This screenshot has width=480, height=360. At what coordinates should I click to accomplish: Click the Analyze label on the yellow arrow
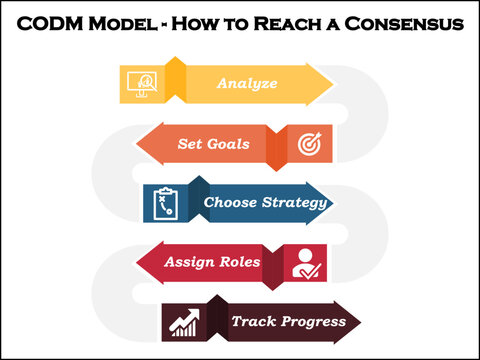tap(247, 83)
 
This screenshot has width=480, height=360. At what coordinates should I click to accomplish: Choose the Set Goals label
tap(207, 143)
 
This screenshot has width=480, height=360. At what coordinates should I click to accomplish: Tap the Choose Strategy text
tap(266, 203)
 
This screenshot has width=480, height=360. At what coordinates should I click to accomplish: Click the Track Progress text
tap(288, 321)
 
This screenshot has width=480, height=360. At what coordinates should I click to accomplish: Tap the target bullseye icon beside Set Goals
tap(307, 144)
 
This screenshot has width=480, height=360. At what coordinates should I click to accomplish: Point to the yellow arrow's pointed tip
tap(333, 83)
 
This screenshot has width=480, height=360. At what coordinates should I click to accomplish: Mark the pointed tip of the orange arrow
tap(135, 143)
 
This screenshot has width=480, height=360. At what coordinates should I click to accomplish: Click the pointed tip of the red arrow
tap(135, 262)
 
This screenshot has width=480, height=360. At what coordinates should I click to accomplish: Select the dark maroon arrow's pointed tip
tap(361, 321)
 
